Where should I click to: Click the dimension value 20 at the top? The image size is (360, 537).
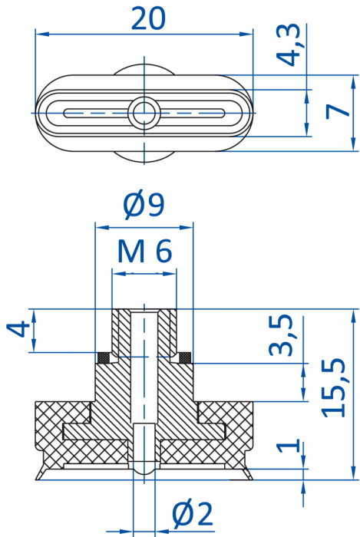148,18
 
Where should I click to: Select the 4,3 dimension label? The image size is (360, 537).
289,44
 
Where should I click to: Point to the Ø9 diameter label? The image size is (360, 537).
144,205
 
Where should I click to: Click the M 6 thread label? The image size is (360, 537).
144,251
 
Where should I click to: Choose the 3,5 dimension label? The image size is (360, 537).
281,335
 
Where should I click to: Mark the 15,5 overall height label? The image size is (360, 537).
333,387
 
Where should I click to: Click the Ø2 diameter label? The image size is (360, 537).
193,515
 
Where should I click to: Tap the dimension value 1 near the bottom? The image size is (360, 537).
288,446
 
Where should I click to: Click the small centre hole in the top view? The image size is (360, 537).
144,113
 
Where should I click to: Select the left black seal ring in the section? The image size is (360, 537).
103,357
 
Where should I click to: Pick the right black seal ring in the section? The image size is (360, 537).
185,357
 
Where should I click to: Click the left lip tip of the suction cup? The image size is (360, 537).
36,479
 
